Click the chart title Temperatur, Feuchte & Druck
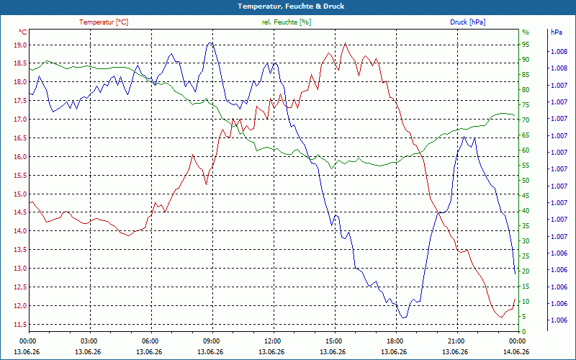[291, 6]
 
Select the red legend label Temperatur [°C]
[104, 22]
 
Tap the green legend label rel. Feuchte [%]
[287, 22]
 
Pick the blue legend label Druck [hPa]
[467, 22]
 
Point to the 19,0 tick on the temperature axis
[20, 45]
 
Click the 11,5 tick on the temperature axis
[20, 325]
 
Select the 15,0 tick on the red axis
[20, 194]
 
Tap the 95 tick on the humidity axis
[526, 45]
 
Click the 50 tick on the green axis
[526, 181]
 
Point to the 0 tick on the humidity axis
[524, 332]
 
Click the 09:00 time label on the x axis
[211, 341]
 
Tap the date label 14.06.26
[516, 351]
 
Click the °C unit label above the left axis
[23, 32]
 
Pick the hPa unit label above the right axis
[557, 32]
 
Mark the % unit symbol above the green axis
[526, 32]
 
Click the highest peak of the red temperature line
[345, 43]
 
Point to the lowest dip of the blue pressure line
[404, 318]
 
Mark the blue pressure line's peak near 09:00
[210, 42]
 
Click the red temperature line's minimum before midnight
[501, 318]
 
